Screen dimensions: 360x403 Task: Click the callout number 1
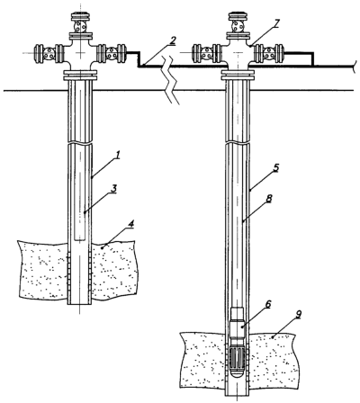[118, 156]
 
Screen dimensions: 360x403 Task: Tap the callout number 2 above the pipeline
[172, 41]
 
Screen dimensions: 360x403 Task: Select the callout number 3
[113, 190]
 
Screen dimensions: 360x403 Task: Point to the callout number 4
[131, 224]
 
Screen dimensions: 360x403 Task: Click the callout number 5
[276, 167]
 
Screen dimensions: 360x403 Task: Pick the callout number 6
[268, 304]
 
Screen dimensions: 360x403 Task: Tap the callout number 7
[276, 22]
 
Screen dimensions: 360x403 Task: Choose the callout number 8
[269, 199]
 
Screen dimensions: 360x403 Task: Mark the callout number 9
[298, 314]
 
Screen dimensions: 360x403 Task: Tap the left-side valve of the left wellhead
[49, 53]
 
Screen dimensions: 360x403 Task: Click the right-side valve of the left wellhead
[111, 53]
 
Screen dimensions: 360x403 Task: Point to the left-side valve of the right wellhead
[207, 53]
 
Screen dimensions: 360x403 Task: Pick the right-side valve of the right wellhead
[269, 53]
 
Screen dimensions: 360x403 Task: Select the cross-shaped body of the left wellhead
[80, 54]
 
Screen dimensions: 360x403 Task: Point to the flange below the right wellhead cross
[238, 75]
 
